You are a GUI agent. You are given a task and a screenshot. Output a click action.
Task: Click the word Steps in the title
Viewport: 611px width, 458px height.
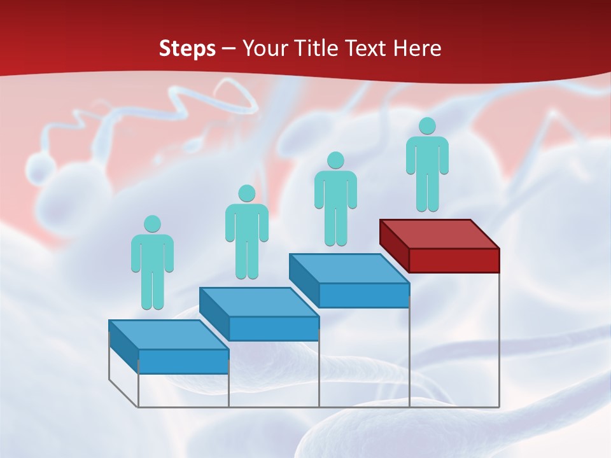pos(187,48)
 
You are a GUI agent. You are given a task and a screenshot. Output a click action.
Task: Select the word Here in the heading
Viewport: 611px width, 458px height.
pos(417,48)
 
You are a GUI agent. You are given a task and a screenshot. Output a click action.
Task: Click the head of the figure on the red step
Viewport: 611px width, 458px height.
pos(427,126)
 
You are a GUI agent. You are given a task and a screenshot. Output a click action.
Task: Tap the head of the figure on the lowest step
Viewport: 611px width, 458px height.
pos(152,224)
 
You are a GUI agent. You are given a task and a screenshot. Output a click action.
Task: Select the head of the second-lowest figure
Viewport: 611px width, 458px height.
pos(246,193)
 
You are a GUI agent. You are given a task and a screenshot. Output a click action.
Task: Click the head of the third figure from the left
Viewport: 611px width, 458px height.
pos(335,160)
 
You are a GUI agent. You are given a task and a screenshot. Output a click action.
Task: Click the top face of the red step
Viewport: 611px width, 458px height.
pos(439,233)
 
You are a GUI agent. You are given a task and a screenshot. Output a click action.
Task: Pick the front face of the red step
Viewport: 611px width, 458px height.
pos(454,260)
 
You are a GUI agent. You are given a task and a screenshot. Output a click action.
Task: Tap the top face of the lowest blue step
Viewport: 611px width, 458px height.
pos(168,335)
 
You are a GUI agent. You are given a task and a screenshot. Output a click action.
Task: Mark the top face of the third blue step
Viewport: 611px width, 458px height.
pos(349,268)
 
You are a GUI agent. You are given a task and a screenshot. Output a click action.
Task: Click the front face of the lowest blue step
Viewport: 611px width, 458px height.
pos(183,361)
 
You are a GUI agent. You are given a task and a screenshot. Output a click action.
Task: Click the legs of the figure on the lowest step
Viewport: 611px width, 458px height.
pos(152,289)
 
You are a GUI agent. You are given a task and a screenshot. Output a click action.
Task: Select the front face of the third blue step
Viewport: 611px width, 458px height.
pos(363,295)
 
